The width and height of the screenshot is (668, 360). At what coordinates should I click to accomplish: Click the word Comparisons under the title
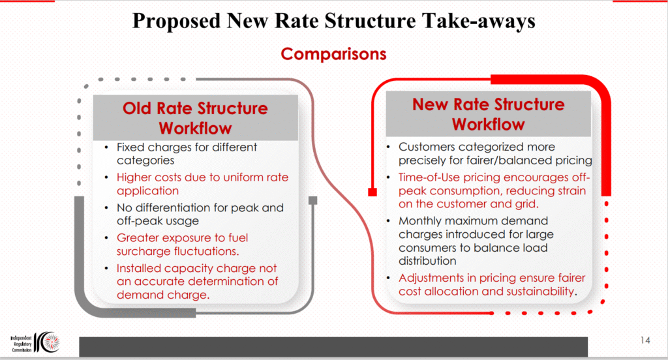(x=333, y=54)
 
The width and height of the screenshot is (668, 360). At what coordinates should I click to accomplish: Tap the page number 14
(x=645, y=340)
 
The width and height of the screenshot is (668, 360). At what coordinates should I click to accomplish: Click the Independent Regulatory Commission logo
(x=35, y=342)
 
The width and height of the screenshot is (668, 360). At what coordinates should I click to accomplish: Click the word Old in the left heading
(x=137, y=108)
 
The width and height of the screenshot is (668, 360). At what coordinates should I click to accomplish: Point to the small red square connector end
(x=372, y=192)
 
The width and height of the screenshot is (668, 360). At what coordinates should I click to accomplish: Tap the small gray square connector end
(x=312, y=200)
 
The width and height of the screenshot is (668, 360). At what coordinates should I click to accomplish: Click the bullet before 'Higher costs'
(x=106, y=177)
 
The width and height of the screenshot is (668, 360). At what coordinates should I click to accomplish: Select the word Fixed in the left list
(x=130, y=147)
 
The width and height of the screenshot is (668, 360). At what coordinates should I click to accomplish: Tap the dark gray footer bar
(x=333, y=346)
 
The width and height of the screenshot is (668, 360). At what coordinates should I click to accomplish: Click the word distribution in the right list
(x=427, y=261)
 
